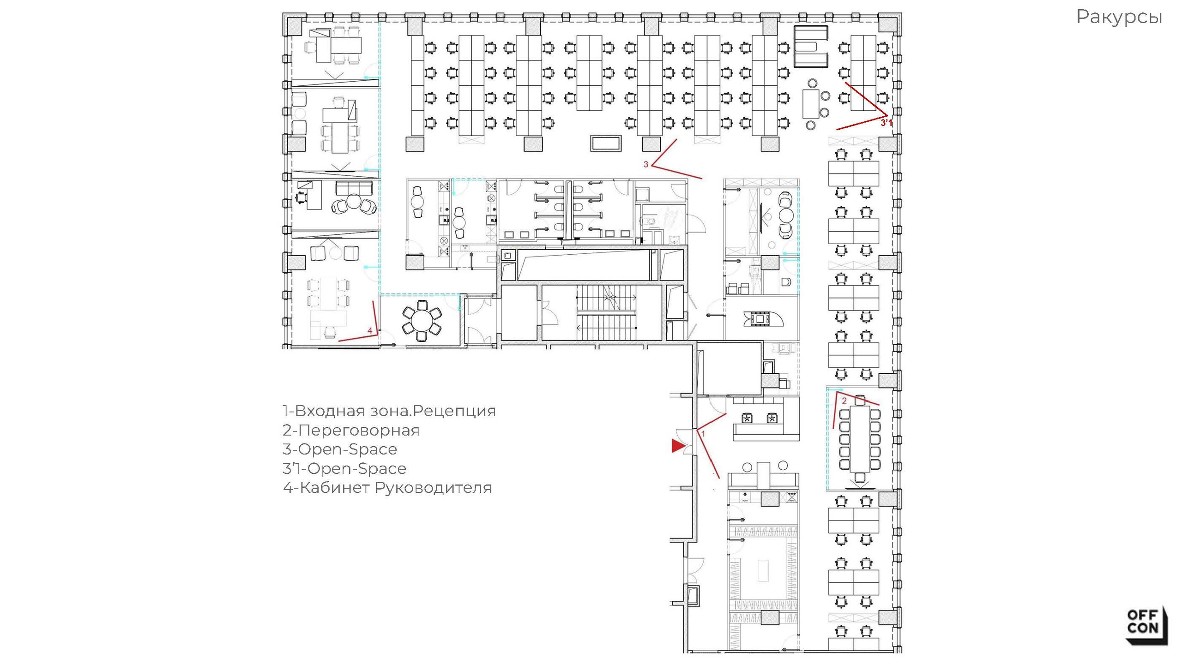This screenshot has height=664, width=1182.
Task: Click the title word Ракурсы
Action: (x=1119, y=18)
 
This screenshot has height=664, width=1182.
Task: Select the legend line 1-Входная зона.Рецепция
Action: (x=389, y=411)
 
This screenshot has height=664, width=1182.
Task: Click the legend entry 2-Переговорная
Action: (x=351, y=430)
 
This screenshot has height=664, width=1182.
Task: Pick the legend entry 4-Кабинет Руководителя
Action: (x=387, y=488)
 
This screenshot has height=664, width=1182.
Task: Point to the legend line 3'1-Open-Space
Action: (x=344, y=468)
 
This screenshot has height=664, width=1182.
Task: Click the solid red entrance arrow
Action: (x=677, y=446)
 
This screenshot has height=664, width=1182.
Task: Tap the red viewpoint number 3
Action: (x=646, y=164)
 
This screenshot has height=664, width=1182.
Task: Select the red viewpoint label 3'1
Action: (x=886, y=123)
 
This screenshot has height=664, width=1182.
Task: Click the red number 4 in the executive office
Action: (x=369, y=330)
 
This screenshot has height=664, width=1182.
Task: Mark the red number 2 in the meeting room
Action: (x=844, y=401)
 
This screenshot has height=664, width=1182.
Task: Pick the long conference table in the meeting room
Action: (x=860, y=438)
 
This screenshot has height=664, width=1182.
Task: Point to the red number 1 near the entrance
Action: (x=703, y=434)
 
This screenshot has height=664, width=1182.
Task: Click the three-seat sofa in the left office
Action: (x=354, y=188)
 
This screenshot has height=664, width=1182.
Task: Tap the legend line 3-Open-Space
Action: (x=340, y=449)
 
